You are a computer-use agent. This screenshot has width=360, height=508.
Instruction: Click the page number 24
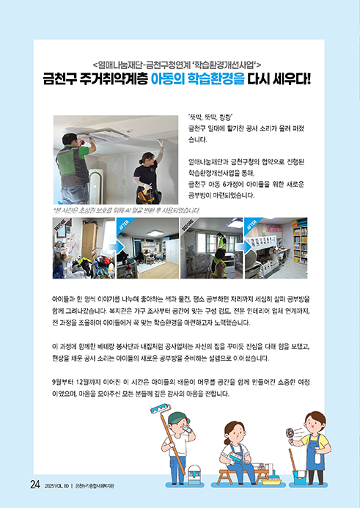pyautogui.click(x=35, y=485)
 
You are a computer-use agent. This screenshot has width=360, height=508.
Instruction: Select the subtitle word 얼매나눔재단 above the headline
pyautogui.click(x=120, y=65)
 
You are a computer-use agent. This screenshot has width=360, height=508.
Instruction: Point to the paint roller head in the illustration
pyautogui.click(x=161, y=408)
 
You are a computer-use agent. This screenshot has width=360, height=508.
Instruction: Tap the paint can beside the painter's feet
pyautogui.click(x=195, y=474)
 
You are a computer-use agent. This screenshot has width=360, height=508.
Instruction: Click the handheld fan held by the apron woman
pyautogui.click(x=290, y=433)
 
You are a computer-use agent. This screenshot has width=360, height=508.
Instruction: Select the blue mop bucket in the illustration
pyautogui.click(x=300, y=477)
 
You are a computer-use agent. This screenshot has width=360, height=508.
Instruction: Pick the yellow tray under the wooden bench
pyautogui.click(x=271, y=481)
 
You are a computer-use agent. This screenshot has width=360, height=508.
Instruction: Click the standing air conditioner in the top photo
pyautogui.click(x=96, y=186)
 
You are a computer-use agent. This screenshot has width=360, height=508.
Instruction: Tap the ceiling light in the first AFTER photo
pyautogui.click(x=155, y=233)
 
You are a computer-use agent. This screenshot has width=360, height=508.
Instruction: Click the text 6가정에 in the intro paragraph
pyautogui.click(x=233, y=185)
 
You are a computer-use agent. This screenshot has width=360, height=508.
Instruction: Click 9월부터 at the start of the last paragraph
pyautogui.click(x=62, y=383)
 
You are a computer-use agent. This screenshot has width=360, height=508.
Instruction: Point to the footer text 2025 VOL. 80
pyautogui.click(x=57, y=486)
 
